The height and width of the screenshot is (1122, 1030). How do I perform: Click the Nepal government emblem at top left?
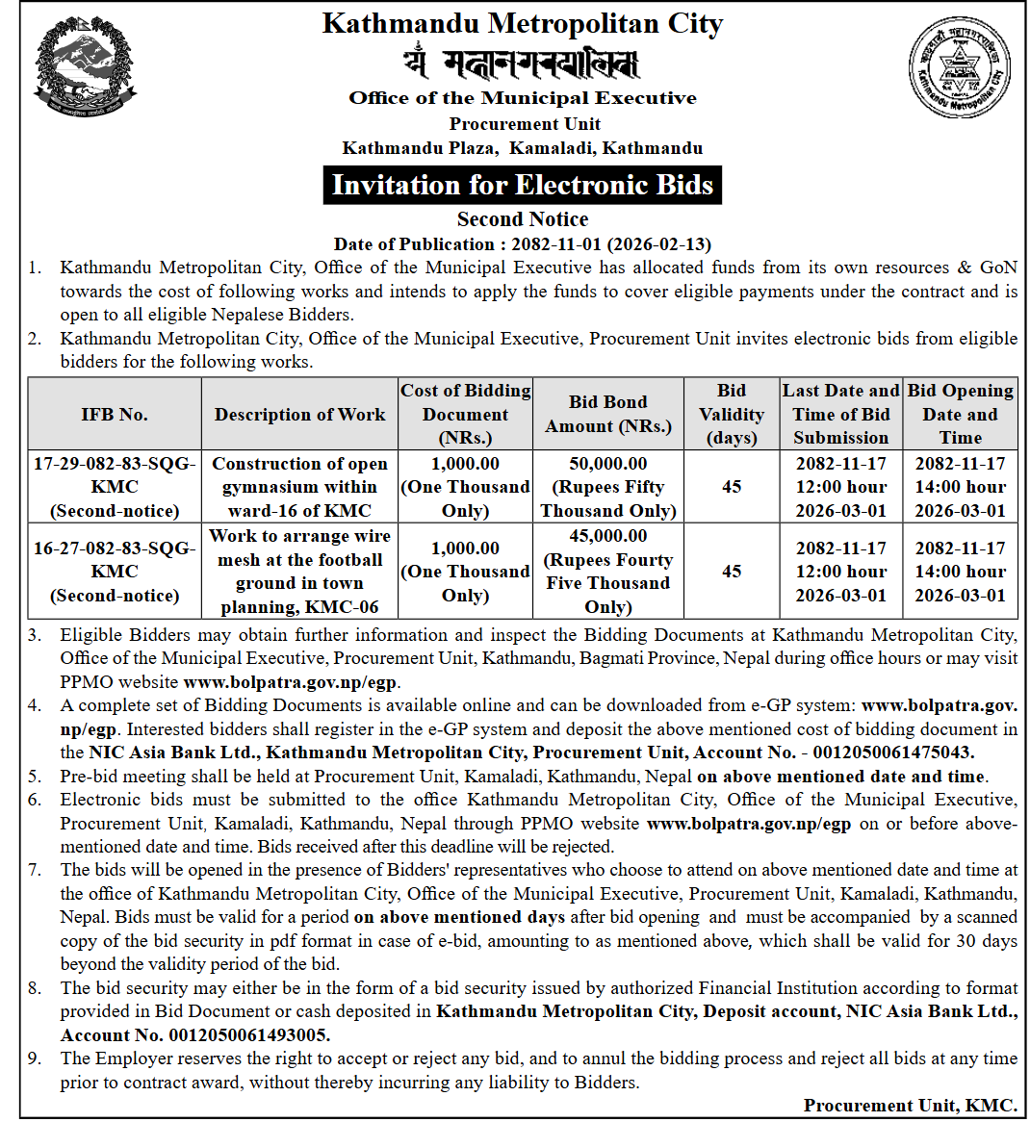(85, 70)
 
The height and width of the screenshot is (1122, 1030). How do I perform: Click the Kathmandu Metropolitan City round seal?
(960, 70)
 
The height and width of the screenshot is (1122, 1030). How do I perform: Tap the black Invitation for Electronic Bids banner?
(522, 185)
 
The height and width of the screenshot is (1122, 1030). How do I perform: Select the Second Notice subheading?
(522, 219)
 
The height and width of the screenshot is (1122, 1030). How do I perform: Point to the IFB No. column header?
(115, 415)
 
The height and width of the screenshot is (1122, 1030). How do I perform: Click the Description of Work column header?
(299, 415)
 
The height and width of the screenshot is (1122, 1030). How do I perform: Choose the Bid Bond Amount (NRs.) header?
(608, 415)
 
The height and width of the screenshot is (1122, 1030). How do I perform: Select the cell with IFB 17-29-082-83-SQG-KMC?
(115, 487)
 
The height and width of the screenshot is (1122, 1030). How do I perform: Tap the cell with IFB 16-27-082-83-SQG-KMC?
(115, 572)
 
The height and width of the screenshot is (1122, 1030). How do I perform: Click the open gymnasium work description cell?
(299, 487)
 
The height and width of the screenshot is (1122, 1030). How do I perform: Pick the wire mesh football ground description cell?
(299, 572)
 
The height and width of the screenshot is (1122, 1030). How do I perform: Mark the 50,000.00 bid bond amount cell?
(608, 487)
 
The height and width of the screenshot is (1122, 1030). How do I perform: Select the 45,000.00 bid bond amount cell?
(608, 572)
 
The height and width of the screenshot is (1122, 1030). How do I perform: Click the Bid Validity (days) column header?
(732, 415)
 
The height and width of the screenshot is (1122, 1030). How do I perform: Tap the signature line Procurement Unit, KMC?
(910, 1106)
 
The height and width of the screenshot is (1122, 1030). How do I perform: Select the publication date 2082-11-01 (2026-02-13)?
(611, 244)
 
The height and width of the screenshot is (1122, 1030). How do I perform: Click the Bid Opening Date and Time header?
(960, 415)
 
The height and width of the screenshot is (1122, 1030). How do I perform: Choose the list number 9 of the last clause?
(35, 1058)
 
